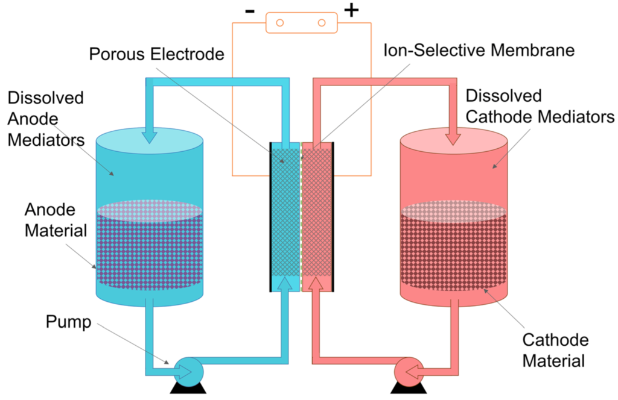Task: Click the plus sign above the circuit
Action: [351, 10]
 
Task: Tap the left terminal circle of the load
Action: [280, 23]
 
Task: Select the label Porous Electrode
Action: [156, 54]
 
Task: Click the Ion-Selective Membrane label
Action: [479, 50]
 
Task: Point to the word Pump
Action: [68, 322]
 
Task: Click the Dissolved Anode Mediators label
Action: [46, 118]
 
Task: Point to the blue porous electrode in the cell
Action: [284, 211]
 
